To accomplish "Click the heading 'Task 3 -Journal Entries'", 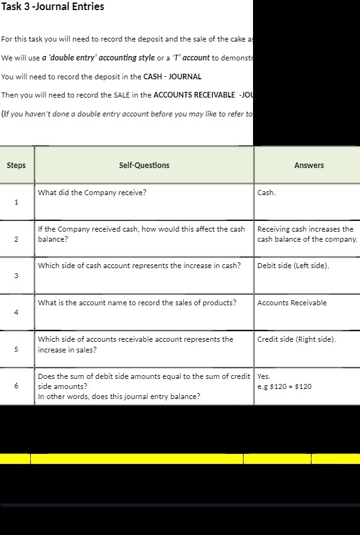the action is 53,7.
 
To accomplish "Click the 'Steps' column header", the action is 16,166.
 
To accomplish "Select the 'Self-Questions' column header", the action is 144,166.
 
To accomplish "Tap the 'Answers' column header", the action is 308,166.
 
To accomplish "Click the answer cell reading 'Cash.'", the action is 266,193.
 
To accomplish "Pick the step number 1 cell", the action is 16,202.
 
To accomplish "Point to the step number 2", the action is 16,239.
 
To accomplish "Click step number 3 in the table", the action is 16,276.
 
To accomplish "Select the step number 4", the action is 16,312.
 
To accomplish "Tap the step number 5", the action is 16,349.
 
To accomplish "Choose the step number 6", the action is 16,386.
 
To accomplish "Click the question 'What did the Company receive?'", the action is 92,193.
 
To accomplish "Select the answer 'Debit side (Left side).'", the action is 293,266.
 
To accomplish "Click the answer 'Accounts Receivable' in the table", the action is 292,303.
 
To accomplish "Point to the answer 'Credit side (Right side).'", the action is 296,339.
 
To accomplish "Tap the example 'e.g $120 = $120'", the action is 284,386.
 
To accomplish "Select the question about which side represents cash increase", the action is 139,266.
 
